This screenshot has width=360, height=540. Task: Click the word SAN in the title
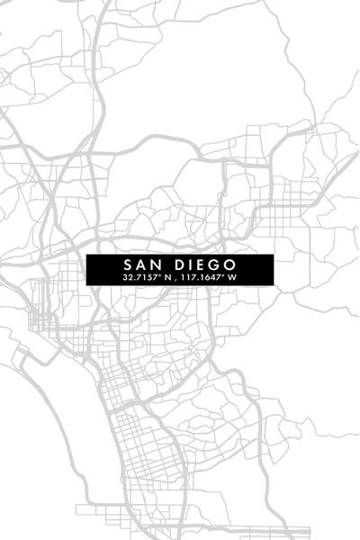[x=139, y=265]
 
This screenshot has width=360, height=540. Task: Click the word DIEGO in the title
[x=195, y=265]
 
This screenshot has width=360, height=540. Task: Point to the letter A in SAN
[x=139, y=265]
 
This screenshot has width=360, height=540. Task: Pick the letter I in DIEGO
[x=184, y=265]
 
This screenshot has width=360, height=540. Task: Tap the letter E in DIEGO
[x=193, y=265]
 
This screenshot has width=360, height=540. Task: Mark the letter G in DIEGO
[x=204, y=265]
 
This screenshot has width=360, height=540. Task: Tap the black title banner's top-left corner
[x=88, y=256]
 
